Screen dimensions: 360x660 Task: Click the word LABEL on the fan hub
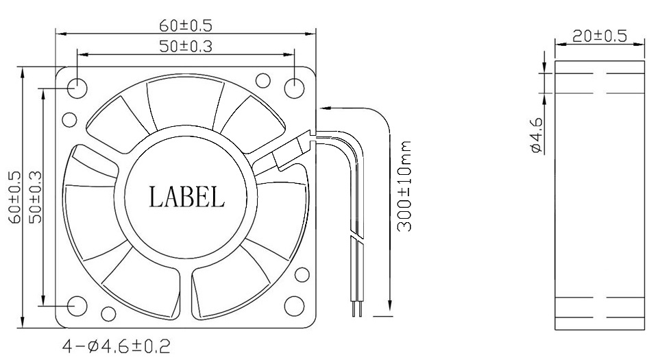(x=186, y=197)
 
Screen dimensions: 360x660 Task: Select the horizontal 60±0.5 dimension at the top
(x=185, y=26)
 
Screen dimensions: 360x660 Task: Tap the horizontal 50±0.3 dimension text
(x=185, y=46)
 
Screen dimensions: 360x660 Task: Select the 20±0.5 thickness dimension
(x=600, y=36)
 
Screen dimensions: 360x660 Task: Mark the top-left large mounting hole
(x=77, y=88)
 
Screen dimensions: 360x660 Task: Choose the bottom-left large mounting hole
(x=77, y=305)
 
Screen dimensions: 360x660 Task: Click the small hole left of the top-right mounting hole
(x=261, y=80)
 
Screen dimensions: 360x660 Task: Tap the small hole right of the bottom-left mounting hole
(x=108, y=314)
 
